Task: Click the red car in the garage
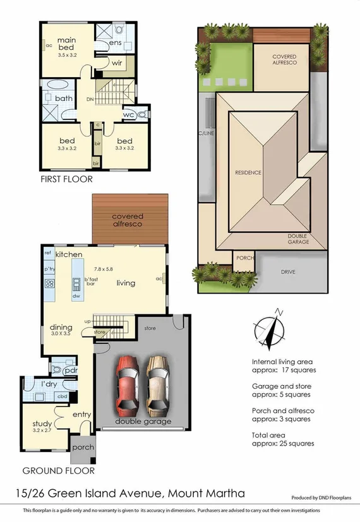coord(126,384)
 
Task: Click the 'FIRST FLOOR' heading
coord(66,179)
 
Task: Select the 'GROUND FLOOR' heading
coord(58,470)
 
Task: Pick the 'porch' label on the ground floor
coord(83,448)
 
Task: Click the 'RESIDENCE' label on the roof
coord(248,172)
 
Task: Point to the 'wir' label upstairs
coord(116,63)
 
